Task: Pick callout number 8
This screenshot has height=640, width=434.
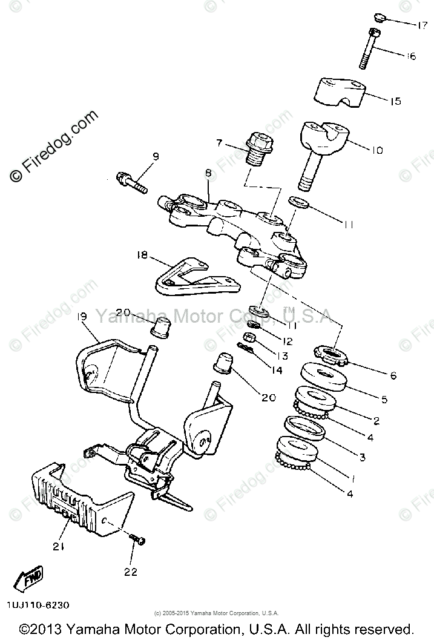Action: click(208, 173)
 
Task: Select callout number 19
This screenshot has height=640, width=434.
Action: click(83, 317)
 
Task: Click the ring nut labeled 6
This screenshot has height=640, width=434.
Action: click(332, 355)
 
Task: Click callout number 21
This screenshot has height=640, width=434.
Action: click(58, 547)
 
